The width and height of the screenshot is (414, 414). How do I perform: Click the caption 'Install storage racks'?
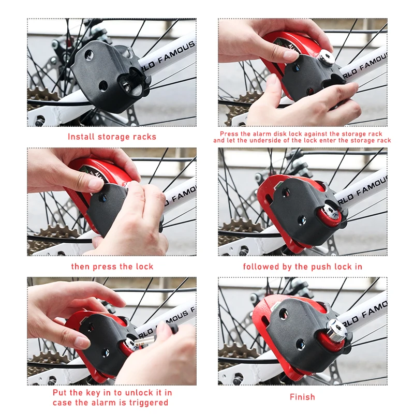coord(112,137)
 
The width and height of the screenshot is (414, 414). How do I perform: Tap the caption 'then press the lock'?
coord(112,267)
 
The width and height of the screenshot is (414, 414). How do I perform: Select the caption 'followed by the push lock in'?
coord(302,267)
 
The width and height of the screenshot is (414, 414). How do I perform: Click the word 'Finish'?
coord(302,397)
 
